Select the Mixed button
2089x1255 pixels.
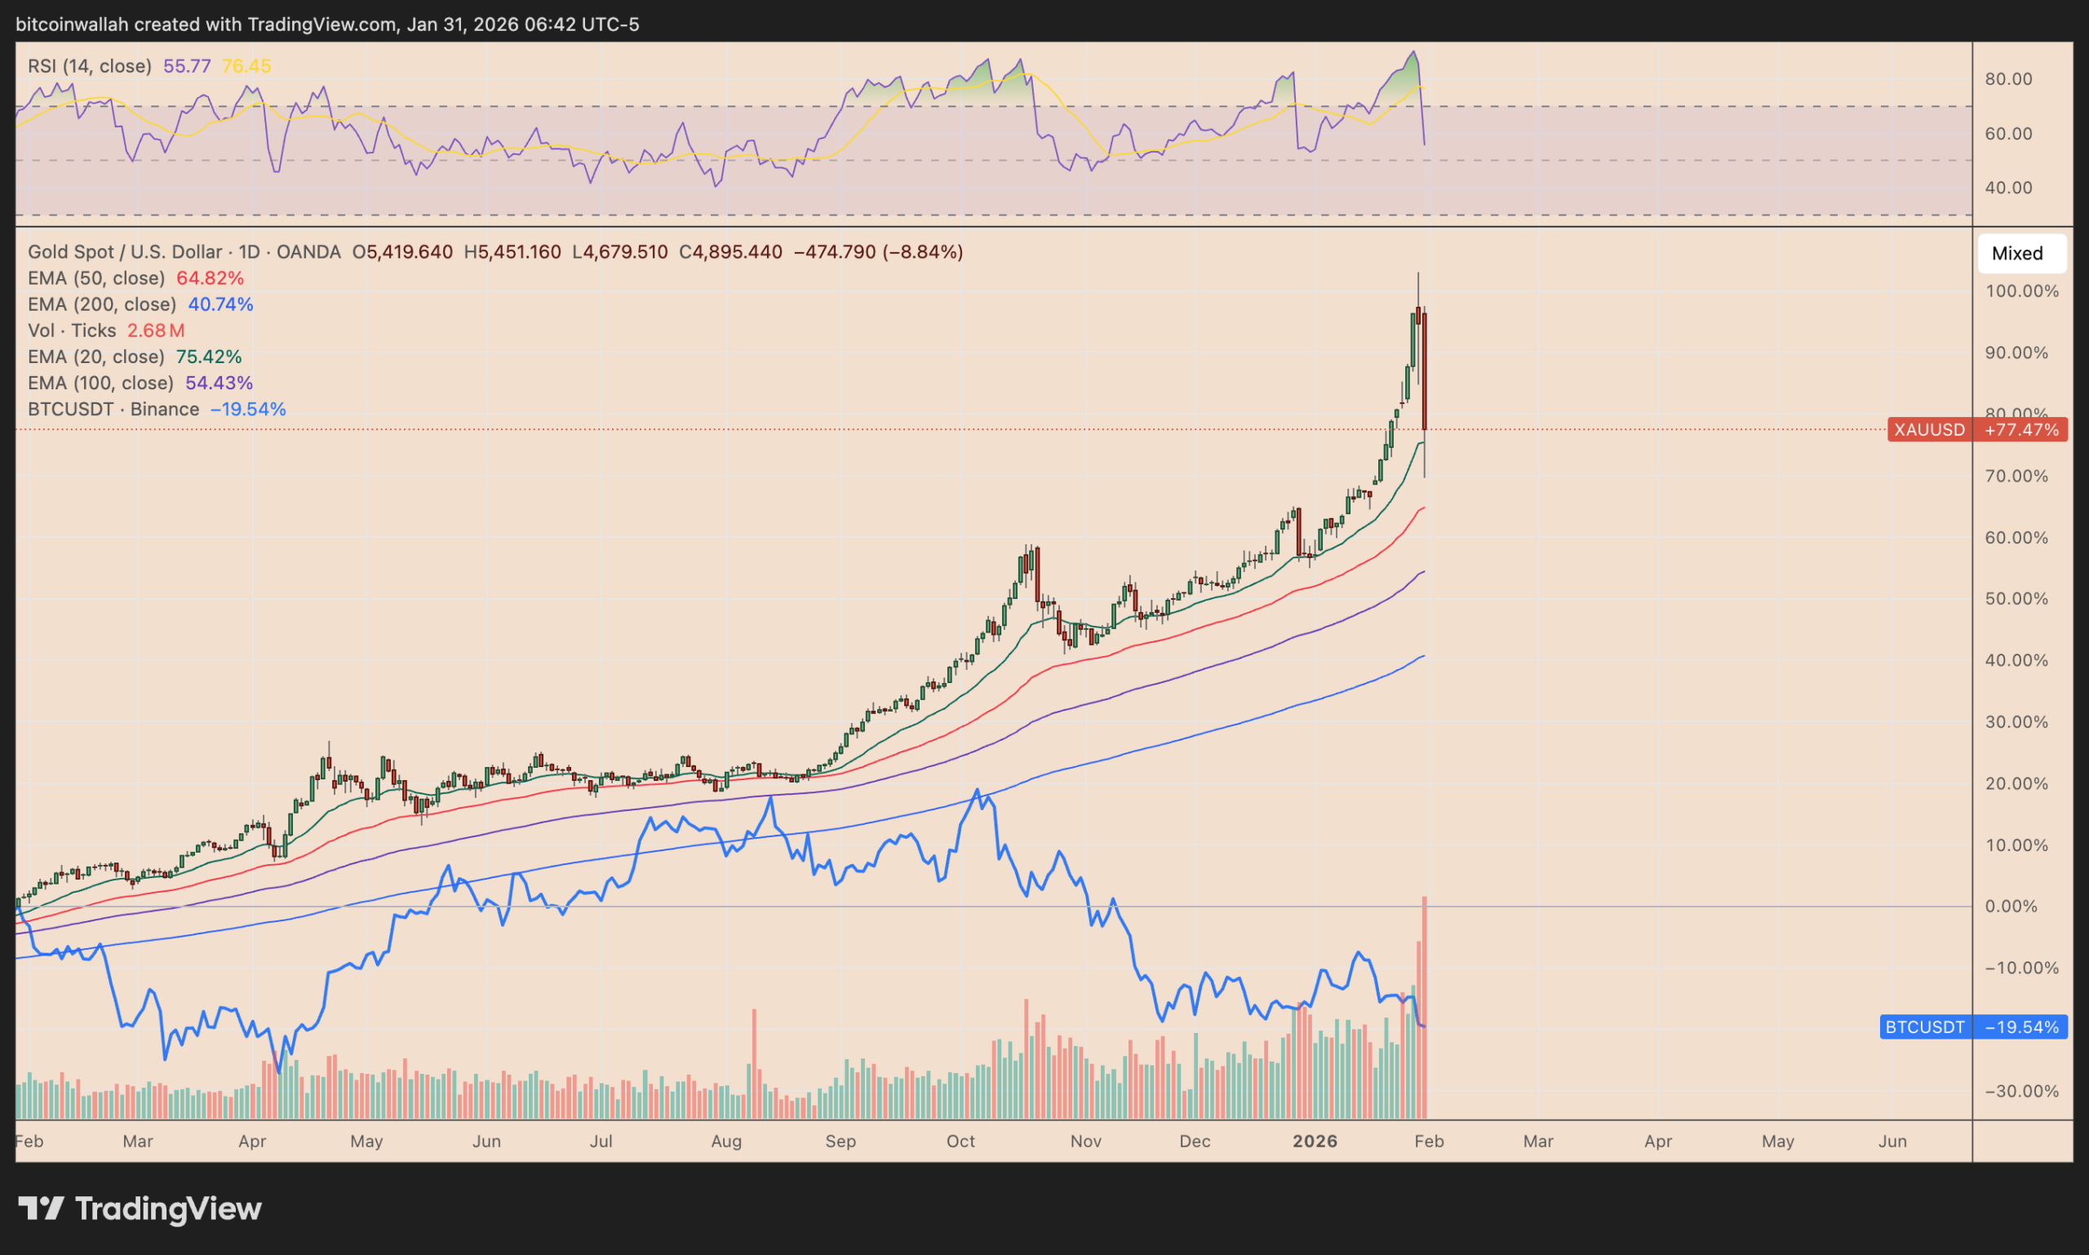tap(2020, 254)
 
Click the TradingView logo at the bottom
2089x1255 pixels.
tap(140, 1208)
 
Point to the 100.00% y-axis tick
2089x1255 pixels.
tap(2020, 292)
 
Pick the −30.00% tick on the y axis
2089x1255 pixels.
tap(2020, 1091)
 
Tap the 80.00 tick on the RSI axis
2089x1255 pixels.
tap(2008, 79)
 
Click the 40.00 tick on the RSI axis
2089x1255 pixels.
tap(2008, 188)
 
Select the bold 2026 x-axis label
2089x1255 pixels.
tap(1315, 1142)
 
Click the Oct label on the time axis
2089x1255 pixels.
tap(960, 1142)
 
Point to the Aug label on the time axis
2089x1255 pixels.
tap(725, 1142)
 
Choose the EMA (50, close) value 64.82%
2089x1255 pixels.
tap(210, 278)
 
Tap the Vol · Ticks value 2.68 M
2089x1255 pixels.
tap(156, 330)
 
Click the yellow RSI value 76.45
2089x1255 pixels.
tap(246, 66)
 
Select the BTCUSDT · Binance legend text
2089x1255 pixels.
tap(113, 410)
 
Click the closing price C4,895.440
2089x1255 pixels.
tap(730, 252)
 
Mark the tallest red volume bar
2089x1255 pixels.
tap(1425, 1006)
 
